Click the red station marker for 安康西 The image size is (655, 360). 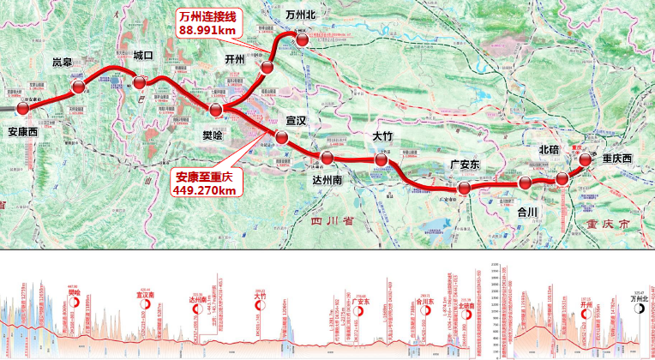(23, 109)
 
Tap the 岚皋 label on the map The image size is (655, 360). (63, 63)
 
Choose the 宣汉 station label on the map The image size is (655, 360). (297, 123)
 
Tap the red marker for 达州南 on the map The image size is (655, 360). (327, 158)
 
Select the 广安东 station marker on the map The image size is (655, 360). (464, 188)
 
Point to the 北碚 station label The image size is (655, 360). (550, 150)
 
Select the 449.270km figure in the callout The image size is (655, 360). (203, 190)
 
